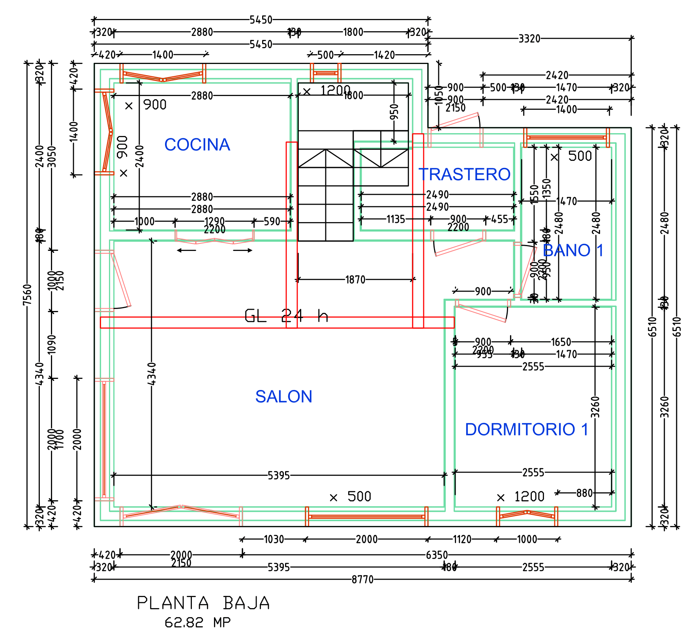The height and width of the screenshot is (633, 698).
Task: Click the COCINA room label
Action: tap(197, 145)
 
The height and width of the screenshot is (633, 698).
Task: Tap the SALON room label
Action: tap(283, 396)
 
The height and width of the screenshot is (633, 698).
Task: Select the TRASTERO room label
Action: tap(464, 174)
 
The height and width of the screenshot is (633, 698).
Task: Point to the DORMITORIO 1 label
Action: tap(526, 429)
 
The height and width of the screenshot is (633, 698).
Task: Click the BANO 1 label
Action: tap(573, 250)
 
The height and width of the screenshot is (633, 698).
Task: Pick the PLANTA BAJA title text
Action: tap(203, 603)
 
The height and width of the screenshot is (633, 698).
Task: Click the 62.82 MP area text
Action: tap(197, 623)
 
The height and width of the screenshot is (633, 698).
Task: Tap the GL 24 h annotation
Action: tap(286, 316)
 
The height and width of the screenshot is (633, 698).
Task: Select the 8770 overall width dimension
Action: tap(362, 579)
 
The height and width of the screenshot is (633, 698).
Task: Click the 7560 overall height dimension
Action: tap(27, 294)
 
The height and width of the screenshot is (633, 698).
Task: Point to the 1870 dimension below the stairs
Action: tap(355, 280)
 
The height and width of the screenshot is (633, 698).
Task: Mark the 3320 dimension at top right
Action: tap(529, 39)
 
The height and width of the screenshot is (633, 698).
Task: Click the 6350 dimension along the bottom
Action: tap(437, 555)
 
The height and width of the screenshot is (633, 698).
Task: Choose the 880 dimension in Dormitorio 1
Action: tap(584, 493)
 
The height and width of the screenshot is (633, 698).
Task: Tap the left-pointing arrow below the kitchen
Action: tap(186, 250)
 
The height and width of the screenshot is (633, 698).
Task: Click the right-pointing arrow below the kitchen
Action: tap(243, 250)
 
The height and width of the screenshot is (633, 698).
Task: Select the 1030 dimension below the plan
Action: tap(274, 539)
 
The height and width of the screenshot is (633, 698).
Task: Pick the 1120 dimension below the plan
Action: tap(462, 539)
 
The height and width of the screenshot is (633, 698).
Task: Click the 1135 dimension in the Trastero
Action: tap(396, 219)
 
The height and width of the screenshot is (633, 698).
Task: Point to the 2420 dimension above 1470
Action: tap(557, 75)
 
